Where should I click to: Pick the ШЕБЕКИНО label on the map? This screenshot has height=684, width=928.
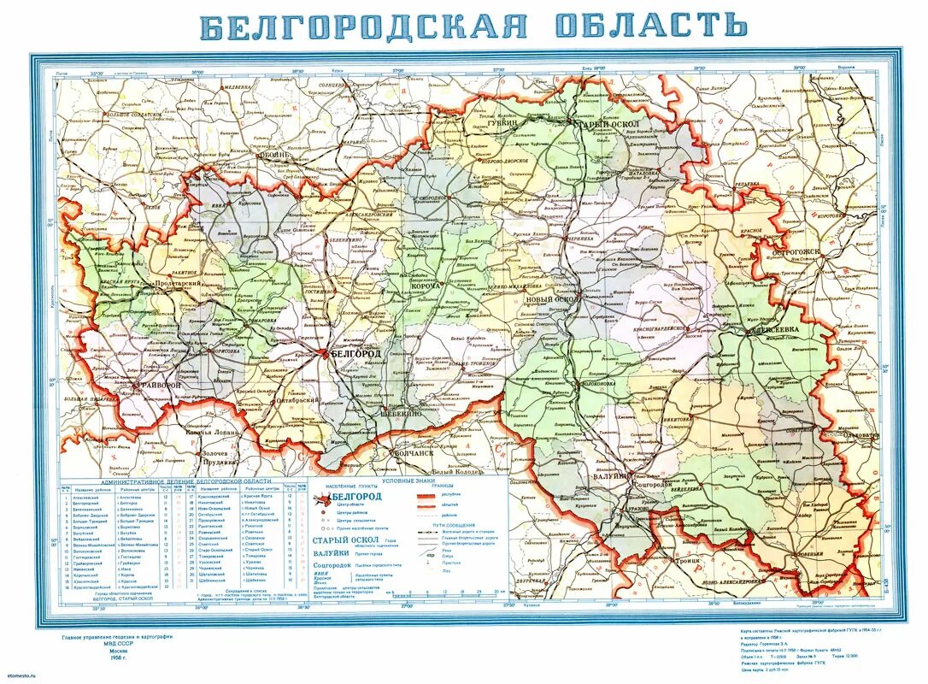click(x=401, y=412)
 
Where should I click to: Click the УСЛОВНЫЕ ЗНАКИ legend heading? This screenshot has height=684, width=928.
click(x=408, y=481)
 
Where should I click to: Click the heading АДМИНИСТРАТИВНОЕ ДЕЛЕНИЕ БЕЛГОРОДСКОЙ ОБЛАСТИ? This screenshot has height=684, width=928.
click(x=184, y=482)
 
